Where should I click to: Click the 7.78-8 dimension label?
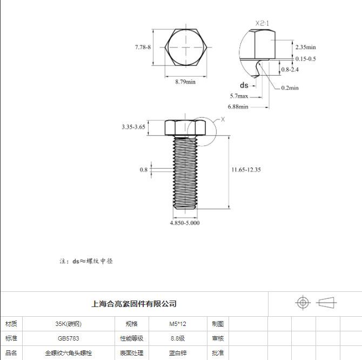point(143,47)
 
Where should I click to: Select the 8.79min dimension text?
point(185,82)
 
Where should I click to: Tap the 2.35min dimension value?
point(305,47)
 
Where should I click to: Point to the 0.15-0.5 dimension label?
point(305,59)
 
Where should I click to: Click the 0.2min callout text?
point(290,88)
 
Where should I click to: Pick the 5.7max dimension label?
point(239,96)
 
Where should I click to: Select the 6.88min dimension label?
point(238,106)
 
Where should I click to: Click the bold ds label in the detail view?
point(244,85)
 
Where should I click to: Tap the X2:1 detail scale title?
point(262,23)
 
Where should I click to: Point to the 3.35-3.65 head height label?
point(133,127)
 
